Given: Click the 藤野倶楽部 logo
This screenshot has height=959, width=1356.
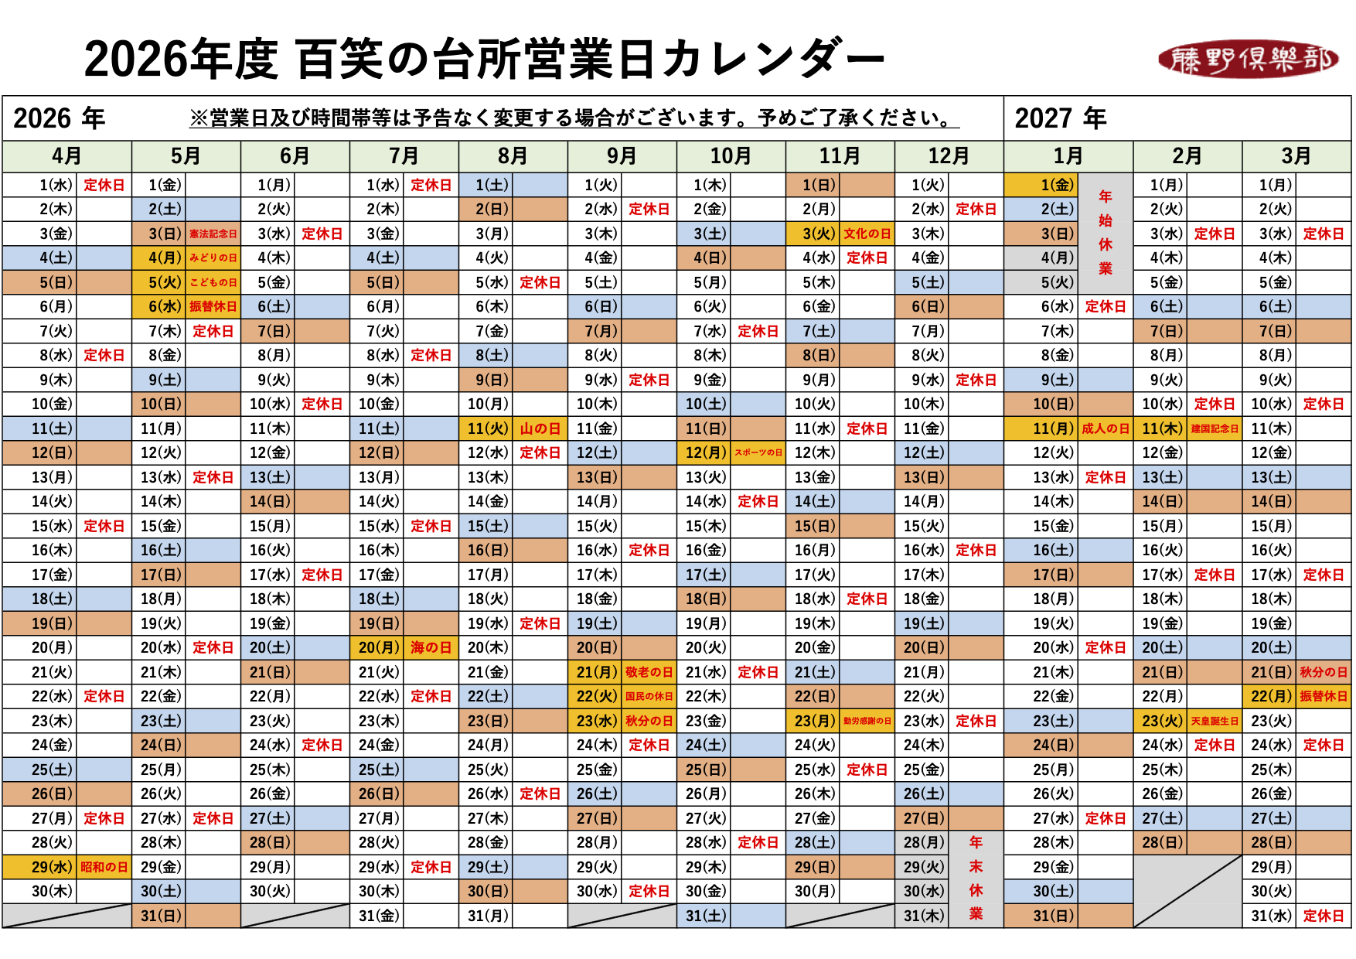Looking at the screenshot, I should click(x=1248, y=60).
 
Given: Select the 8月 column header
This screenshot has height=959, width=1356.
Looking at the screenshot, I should click(x=513, y=156).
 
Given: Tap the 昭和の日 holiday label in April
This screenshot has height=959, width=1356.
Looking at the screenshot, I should click(x=104, y=867).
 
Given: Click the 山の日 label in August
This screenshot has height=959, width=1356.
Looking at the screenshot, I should click(x=540, y=428).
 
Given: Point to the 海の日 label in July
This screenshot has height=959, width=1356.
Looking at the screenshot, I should click(x=431, y=647).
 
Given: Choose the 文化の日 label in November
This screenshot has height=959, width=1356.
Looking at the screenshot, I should click(x=867, y=234).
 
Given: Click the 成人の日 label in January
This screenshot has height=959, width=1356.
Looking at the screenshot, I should click(x=1106, y=428).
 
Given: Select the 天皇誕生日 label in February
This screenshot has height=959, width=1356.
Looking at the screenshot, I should click(x=1215, y=721).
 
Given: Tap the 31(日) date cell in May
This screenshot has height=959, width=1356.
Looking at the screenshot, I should click(x=161, y=916).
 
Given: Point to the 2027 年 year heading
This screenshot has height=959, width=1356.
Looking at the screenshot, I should click(x=1060, y=118).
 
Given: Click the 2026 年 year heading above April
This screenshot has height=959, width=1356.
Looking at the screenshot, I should click(x=59, y=118).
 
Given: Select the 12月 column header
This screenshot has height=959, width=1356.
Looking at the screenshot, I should click(x=949, y=156).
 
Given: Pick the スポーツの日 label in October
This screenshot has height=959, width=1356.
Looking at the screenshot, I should click(x=758, y=452).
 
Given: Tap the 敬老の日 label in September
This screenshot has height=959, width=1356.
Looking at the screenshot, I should click(x=649, y=672).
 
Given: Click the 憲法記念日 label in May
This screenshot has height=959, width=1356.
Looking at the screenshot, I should click(x=213, y=234).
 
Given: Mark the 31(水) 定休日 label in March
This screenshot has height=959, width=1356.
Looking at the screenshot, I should click(x=1324, y=916).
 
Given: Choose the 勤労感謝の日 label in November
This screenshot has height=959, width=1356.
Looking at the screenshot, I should click(x=867, y=721).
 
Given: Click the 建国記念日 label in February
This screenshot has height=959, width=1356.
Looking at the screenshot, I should click(x=1215, y=428).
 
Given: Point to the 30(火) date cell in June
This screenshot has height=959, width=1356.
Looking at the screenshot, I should click(x=270, y=891).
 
